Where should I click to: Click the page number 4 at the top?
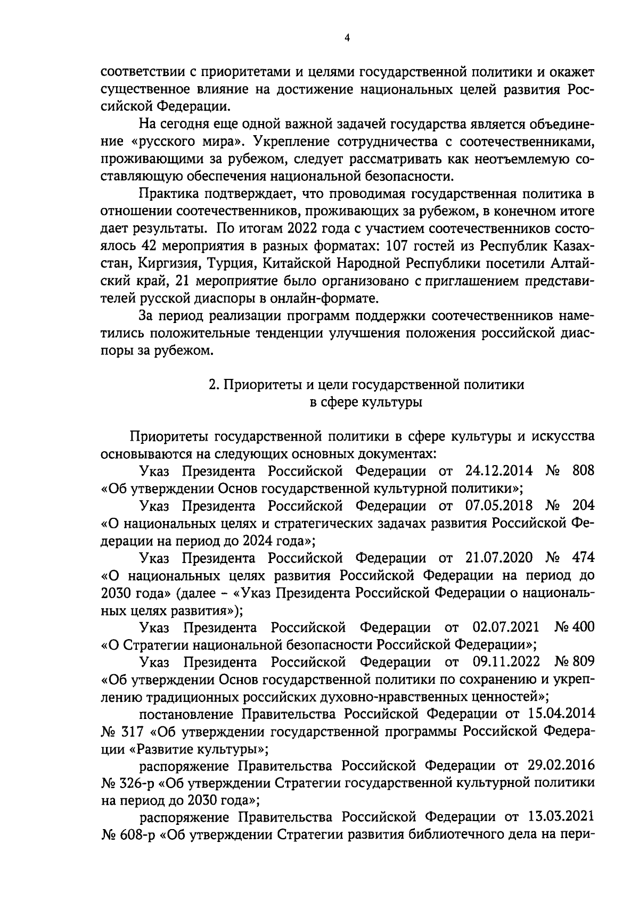coord(347,38)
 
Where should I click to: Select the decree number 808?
coord(583,470)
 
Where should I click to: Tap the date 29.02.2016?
coord(561,766)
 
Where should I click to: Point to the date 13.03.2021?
coord(561,817)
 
